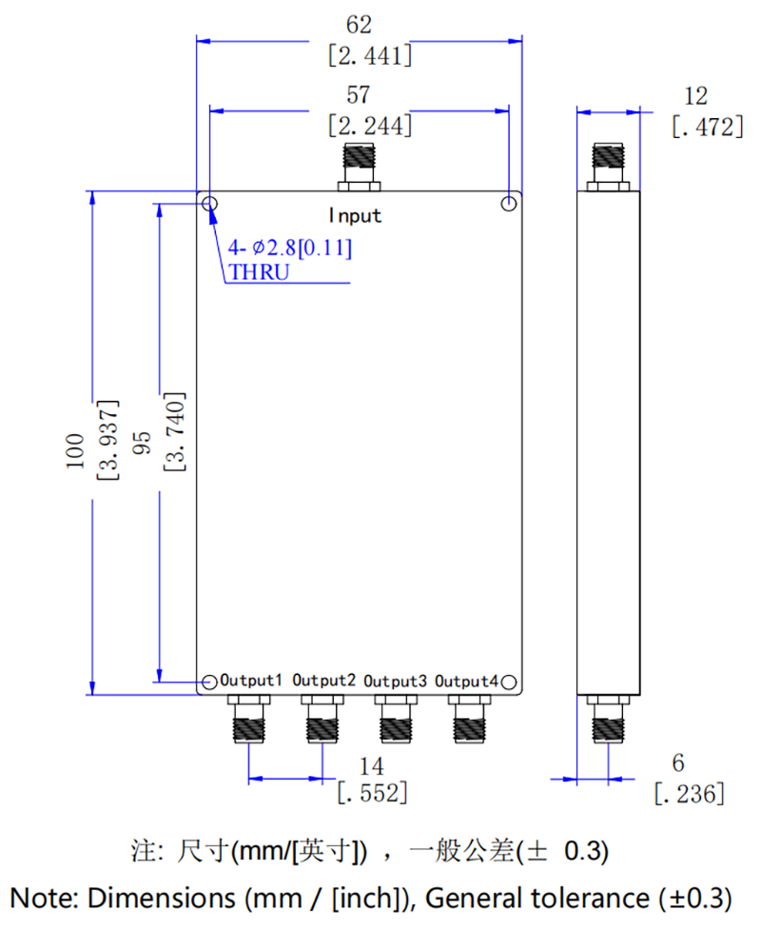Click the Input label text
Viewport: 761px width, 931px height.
(x=356, y=216)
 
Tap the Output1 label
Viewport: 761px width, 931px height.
(x=251, y=682)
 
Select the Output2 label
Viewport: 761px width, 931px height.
(x=324, y=682)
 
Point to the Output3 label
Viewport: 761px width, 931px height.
(x=395, y=682)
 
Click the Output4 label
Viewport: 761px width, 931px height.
(x=466, y=682)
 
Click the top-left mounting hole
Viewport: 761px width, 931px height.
(x=209, y=203)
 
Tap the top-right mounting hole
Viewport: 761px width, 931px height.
(x=510, y=203)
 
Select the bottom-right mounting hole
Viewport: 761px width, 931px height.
(x=509, y=683)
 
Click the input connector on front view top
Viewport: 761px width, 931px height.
(x=358, y=166)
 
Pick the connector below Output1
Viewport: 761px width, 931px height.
(x=249, y=719)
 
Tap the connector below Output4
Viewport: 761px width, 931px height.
(x=467, y=719)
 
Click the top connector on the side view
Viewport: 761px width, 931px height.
(x=608, y=166)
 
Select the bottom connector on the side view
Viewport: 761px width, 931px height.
(x=608, y=719)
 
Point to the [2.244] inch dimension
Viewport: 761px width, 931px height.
(x=369, y=125)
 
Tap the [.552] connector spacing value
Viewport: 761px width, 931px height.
(x=373, y=790)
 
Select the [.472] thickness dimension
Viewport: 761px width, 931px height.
(x=707, y=126)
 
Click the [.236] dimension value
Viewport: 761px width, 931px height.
(x=690, y=792)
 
